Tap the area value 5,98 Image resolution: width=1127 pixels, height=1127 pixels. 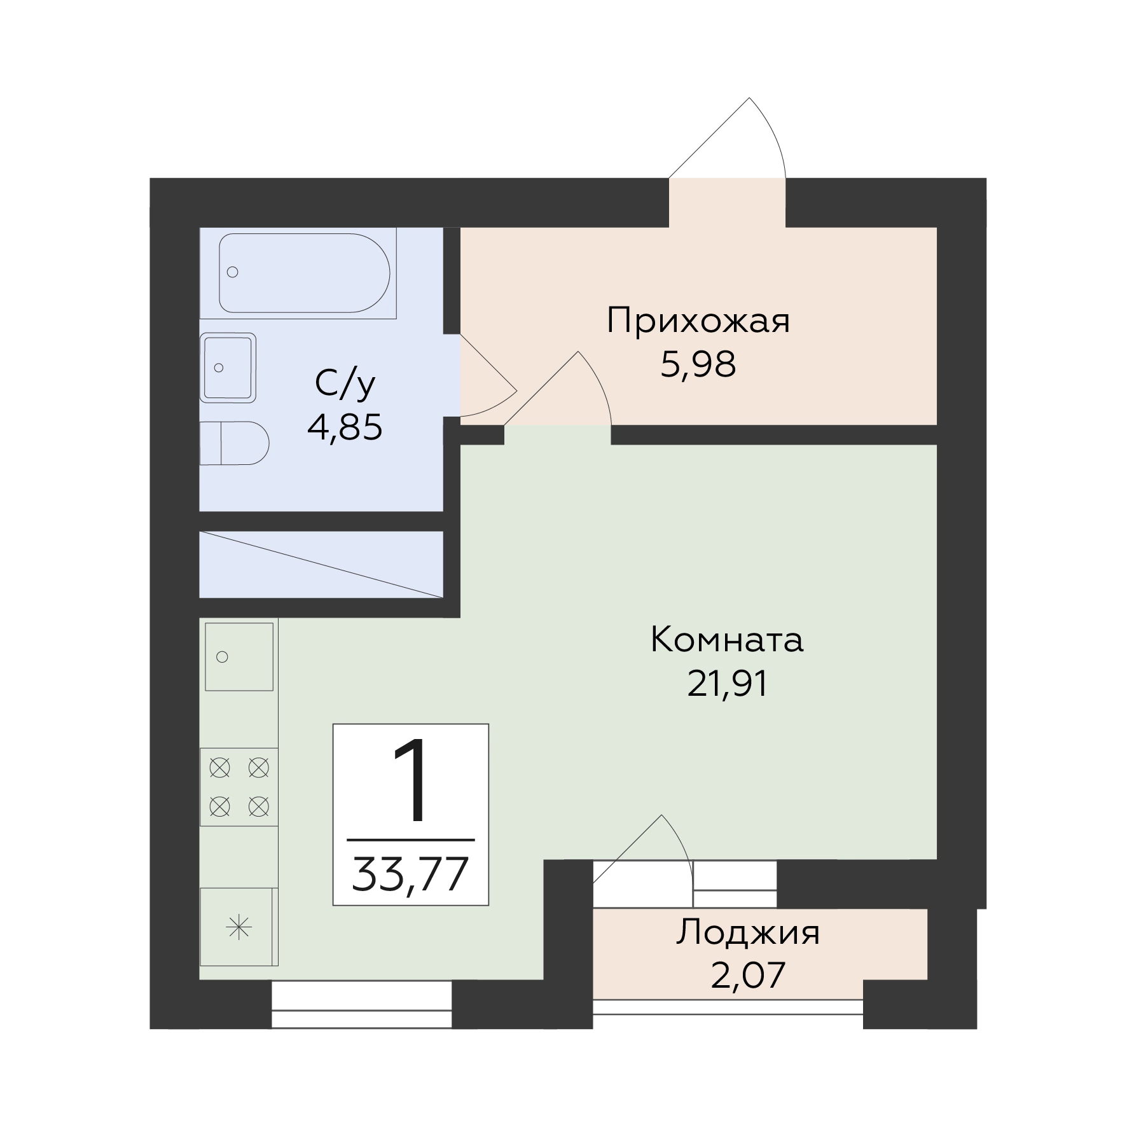[698, 365]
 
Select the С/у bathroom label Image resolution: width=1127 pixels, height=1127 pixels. [345, 385]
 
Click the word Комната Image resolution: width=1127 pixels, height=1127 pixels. [727, 640]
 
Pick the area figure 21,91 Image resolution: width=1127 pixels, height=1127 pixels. [728, 684]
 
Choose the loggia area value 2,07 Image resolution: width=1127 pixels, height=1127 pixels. [748, 975]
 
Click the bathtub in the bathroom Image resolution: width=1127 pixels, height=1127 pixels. [304, 273]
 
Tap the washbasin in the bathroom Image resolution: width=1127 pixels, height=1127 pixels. [228, 368]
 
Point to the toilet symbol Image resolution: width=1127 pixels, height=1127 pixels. [234, 443]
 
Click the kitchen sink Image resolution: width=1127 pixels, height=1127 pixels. [239, 657]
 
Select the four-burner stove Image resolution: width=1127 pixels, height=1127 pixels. [239, 787]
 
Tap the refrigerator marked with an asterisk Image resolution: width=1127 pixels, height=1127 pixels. [239, 927]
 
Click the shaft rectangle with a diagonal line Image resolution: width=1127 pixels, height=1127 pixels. [321, 565]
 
